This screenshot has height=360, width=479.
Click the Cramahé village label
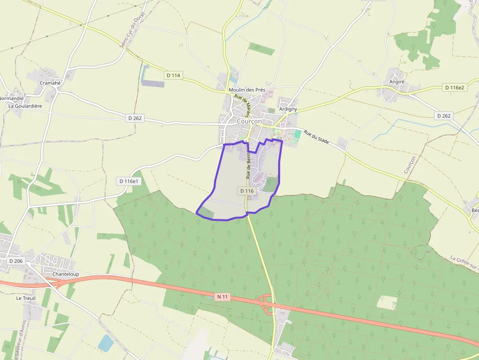[50, 83]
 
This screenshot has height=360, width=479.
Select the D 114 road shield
[173, 75]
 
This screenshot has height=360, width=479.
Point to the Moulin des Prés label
[246, 90]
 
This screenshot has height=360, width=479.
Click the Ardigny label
[288, 109]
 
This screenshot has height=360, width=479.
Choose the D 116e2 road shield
[455, 87]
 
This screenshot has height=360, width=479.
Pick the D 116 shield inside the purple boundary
[247, 191]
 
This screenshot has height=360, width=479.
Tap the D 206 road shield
[16, 261]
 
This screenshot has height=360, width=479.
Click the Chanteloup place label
[65, 275]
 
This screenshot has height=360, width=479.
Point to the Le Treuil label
[26, 298]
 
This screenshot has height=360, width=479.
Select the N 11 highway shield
[222, 296]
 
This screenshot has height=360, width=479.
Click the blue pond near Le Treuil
[106, 343]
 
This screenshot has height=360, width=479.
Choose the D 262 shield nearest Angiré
[443, 116]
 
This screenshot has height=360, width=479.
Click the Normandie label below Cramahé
[11, 98]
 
